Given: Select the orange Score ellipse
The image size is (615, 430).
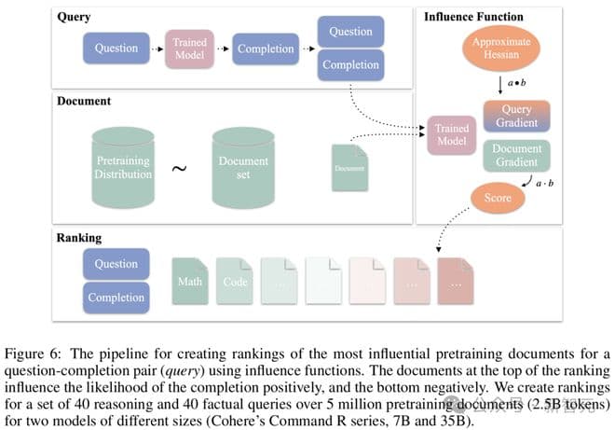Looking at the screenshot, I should tap(499, 198).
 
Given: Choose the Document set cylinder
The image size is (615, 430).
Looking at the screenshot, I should tap(242, 168).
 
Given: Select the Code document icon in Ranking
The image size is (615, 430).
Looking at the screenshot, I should tap(235, 281).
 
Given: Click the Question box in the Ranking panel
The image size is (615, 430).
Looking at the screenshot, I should tap(116, 264).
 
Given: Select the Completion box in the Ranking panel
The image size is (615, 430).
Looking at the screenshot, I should tap(116, 298).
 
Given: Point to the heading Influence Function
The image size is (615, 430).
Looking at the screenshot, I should tap(473, 17).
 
